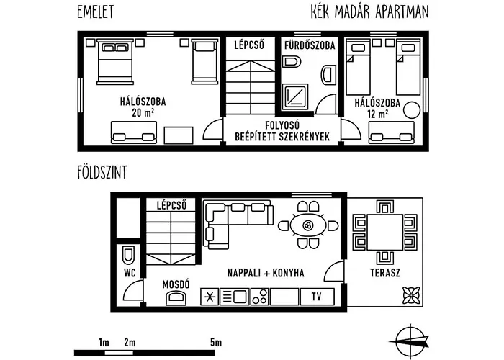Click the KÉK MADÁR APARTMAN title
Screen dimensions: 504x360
point(369,12)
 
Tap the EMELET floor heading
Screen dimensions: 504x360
point(96,12)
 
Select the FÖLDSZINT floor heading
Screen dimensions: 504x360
point(102,172)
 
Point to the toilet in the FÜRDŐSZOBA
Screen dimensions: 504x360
point(292,61)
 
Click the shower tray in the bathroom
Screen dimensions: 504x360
point(295,96)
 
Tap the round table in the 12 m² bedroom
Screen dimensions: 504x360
point(412,110)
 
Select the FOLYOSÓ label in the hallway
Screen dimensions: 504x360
point(282,125)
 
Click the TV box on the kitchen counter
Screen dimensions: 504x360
point(318,297)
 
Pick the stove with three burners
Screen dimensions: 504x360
point(259,297)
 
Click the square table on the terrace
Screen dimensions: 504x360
point(385,233)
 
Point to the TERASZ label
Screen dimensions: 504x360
point(385,273)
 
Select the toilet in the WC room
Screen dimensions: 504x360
point(129,254)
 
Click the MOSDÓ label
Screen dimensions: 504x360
point(176,284)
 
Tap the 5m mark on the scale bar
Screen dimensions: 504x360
point(216,343)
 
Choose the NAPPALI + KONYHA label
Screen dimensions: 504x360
point(266,273)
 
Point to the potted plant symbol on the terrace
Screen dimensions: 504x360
point(411,295)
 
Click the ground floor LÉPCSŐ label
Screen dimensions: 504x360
point(171,205)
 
